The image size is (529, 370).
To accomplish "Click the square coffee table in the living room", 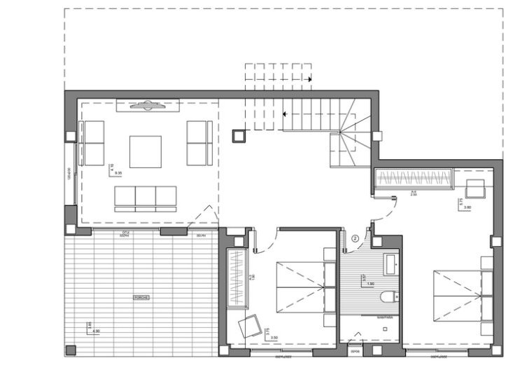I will pyautogui.click(x=145, y=152).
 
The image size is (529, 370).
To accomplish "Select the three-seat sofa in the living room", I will pyautogui.click(x=146, y=198).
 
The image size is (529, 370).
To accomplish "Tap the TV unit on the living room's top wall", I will pyautogui.click(x=147, y=106).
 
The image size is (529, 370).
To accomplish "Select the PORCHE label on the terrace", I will pyautogui.click(x=141, y=298).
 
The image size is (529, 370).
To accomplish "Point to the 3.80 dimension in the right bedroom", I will pyautogui.click(x=467, y=207).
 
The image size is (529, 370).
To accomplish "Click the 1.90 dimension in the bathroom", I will pyautogui.click(x=371, y=284).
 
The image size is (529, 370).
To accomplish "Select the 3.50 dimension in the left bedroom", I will pyautogui.click(x=274, y=338).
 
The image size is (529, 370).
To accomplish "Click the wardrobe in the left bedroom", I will pyautogui.click(x=237, y=277).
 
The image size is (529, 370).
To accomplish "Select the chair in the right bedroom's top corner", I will pyautogui.click(x=477, y=187).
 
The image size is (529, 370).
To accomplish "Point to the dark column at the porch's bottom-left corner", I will pyautogui.click(x=70, y=350).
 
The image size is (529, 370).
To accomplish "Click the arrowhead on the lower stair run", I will pyautogui.click(x=285, y=112).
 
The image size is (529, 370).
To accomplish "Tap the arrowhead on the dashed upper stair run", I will pyautogui.click(x=309, y=80).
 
